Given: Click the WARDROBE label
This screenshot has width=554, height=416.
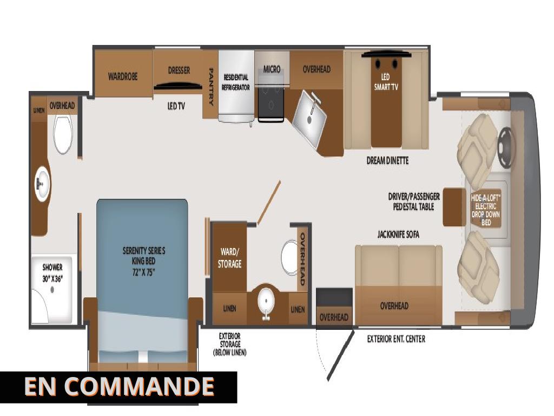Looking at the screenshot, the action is (x=123, y=76).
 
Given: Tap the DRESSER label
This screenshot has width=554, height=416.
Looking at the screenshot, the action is (x=179, y=70).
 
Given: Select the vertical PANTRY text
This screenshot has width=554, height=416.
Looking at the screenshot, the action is (x=211, y=87).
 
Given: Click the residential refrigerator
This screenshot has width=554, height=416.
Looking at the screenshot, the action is (x=236, y=86).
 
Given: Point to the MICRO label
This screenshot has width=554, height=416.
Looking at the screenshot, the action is (x=272, y=69).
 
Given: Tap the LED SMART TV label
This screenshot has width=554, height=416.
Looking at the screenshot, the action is (x=386, y=82).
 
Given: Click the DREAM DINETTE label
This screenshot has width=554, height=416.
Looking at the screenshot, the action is (x=387, y=160).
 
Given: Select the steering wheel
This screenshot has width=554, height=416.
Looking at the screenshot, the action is (x=505, y=147).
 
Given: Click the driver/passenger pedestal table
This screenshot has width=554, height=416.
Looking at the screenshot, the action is (x=454, y=207).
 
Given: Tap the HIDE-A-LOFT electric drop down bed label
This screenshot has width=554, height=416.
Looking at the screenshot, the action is (x=486, y=210).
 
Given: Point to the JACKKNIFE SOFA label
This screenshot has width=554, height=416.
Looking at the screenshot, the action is (x=398, y=234).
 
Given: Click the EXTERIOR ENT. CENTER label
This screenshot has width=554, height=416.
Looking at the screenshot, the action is (x=396, y=339).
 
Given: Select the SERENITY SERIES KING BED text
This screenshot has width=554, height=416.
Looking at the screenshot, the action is (x=144, y=261).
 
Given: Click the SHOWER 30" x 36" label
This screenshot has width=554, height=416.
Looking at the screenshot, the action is (x=52, y=273).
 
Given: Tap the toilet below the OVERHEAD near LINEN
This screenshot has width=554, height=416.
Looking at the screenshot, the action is (x=63, y=134).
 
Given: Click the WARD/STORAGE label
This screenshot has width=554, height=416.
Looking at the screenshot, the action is (x=229, y=258).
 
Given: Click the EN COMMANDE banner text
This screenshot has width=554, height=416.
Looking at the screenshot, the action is (x=119, y=386).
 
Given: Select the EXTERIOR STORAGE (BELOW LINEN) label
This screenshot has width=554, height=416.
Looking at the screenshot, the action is (x=229, y=344).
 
